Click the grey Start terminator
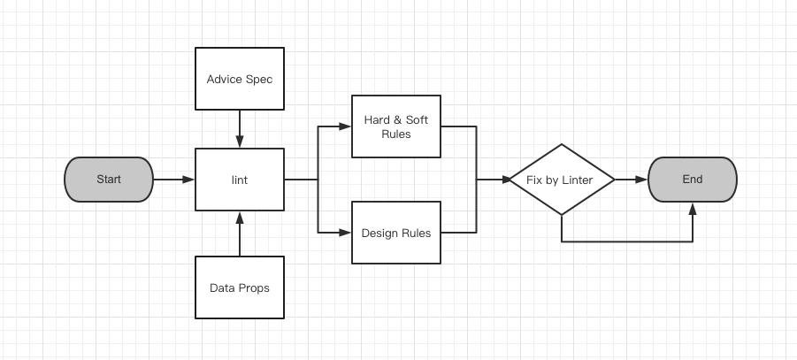tap(109, 180)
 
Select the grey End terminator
tap(692, 180)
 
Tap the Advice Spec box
tap(239, 80)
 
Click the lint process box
tap(239, 180)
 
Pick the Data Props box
tap(239, 287)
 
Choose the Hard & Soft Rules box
tap(396, 126)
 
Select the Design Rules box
tap(396, 234)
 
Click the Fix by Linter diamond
tap(562, 180)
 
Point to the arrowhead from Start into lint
tap(188, 180)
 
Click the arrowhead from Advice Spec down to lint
tap(239, 142)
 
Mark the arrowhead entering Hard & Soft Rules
tap(346, 126)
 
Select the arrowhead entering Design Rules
tap(346, 234)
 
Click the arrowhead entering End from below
tap(692, 208)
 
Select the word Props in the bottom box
tap(254, 287)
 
